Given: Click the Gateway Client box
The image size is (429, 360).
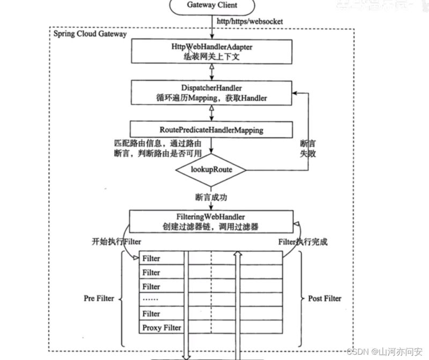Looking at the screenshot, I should [212, 6].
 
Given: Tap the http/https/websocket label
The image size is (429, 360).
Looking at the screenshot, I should [248, 21].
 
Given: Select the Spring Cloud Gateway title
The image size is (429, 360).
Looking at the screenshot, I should [90, 34].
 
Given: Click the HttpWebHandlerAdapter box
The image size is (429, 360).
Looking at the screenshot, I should [212, 51].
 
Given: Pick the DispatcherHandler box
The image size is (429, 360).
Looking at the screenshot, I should [212, 93].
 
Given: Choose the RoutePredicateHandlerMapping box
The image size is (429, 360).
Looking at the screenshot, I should [212, 129].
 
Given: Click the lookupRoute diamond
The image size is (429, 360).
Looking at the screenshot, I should [212, 169].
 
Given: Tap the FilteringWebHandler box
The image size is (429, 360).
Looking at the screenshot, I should [212, 221].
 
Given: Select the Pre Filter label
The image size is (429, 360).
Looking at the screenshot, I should [99, 298].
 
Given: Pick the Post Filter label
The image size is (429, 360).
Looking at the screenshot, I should [325, 298].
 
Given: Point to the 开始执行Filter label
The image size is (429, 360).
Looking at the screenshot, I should [116, 242].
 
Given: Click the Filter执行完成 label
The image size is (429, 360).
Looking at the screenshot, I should [302, 242].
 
